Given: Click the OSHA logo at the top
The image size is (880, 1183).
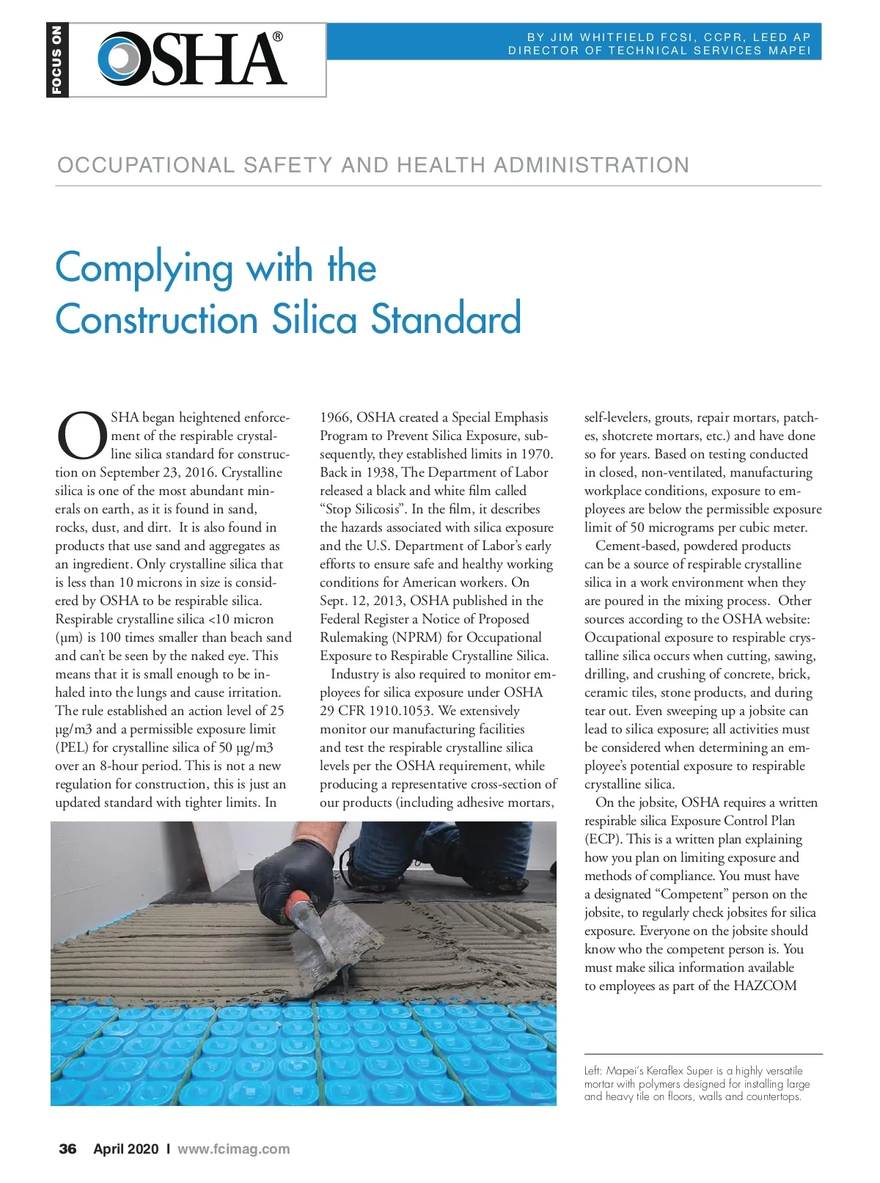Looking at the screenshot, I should click(x=192, y=59).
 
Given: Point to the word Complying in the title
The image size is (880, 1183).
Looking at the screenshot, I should click(x=144, y=268).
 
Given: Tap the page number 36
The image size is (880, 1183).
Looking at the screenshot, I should click(x=67, y=1149).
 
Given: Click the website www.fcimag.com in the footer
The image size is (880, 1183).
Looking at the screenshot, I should click(x=233, y=1149).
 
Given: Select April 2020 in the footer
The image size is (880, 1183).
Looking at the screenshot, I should click(x=125, y=1149).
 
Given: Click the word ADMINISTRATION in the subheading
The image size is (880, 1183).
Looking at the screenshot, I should click(x=591, y=165).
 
